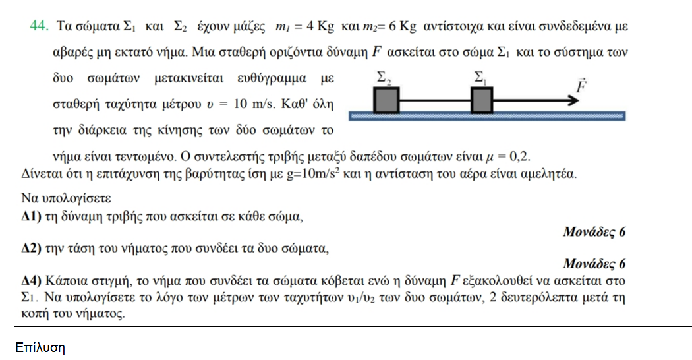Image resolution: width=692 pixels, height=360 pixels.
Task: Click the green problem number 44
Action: pos(38,26)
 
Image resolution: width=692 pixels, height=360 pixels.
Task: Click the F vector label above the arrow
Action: pos(581,86)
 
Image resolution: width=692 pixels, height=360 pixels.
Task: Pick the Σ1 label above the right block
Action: pos(480,78)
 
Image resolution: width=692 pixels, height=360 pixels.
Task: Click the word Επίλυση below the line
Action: pos(40,347)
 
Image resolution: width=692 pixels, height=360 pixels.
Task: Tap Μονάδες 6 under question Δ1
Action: pos(594,232)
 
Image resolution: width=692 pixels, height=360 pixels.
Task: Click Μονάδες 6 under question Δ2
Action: pos(594,264)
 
